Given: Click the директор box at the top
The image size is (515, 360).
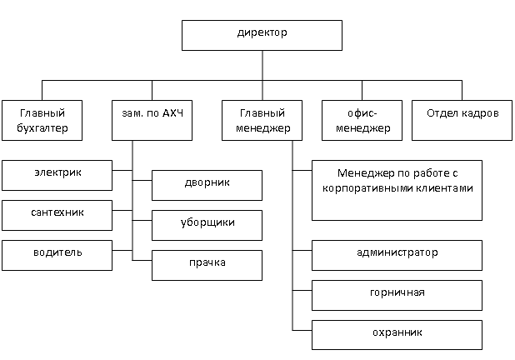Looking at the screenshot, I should [262, 35].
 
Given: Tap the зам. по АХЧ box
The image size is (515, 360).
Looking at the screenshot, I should [152, 120].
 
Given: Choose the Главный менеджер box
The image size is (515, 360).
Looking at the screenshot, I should [262, 120].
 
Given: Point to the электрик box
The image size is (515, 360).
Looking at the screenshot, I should [57, 175].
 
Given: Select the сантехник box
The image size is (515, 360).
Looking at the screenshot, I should [57, 214].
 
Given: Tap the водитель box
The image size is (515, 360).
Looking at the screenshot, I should [57, 253].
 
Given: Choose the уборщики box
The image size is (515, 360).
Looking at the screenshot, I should [207, 223].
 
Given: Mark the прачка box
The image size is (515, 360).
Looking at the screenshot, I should [207, 263].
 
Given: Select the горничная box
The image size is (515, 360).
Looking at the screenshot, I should [397, 294].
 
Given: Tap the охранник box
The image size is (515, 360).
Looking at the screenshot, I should [397, 333].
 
